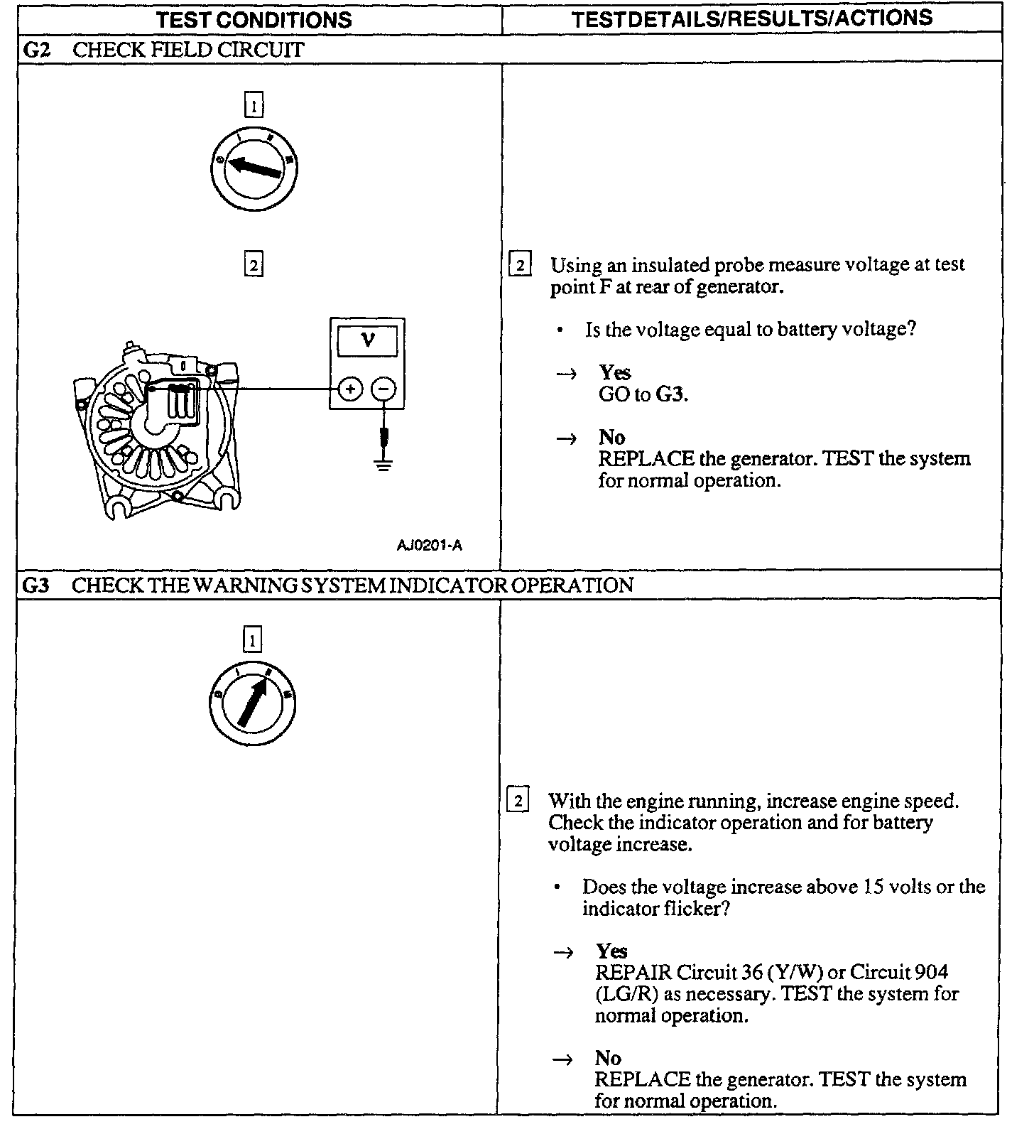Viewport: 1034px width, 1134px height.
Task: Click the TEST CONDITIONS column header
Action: (x=254, y=19)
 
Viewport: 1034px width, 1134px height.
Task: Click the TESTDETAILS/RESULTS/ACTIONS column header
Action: (x=751, y=18)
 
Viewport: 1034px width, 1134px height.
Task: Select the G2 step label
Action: (x=36, y=50)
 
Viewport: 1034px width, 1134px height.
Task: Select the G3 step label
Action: (x=36, y=585)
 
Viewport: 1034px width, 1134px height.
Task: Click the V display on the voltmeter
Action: (x=367, y=340)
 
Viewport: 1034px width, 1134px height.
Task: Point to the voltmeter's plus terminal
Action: (x=349, y=389)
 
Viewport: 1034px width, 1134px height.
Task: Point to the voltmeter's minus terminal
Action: (x=384, y=389)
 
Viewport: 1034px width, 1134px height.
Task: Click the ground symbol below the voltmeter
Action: (x=383, y=466)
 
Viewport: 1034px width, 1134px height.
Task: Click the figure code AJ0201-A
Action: (x=430, y=545)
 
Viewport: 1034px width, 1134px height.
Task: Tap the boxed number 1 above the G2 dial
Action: (x=254, y=107)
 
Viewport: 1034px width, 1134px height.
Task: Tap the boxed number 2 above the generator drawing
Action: (x=254, y=265)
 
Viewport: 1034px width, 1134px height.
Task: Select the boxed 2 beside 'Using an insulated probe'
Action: (x=521, y=266)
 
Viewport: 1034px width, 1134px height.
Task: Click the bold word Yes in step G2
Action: (x=614, y=372)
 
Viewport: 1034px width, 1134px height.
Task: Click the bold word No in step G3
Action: (x=608, y=1058)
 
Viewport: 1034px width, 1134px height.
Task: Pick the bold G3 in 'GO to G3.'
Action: (x=670, y=394)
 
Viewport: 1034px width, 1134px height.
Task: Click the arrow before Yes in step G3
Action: (x=563, y=953)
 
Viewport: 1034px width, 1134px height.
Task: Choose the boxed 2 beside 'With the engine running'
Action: (x=518, y=801)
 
